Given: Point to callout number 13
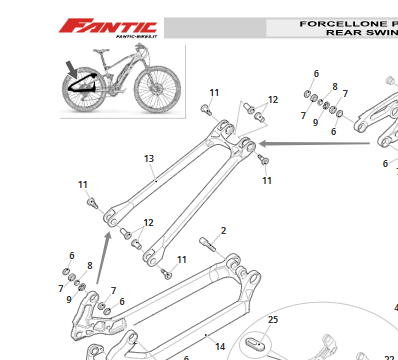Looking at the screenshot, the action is pos(149,159).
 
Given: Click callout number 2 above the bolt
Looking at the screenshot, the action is pos(223,231).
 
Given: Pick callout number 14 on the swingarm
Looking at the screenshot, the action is pos(220,346).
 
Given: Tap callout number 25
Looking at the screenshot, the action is pos(272,319).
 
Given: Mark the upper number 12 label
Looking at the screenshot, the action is pos(273,100).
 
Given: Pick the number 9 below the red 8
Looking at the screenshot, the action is pos(69,300).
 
